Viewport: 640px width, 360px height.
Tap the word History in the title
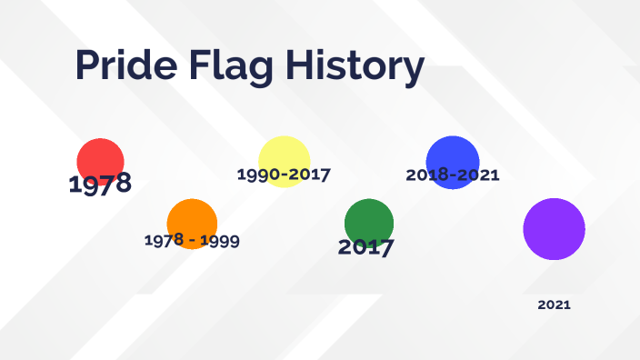click(x=356, y=66)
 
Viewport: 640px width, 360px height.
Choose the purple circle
click(x=554, y=229)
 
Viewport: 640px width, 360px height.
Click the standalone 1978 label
click(x=100, y=184)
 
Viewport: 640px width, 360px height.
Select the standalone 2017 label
click(x=365, y=247)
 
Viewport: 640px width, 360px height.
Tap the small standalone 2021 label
click(x=554, y=305)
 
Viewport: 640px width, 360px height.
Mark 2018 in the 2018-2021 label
click(x=426, y=175)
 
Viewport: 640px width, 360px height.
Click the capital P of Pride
click(x=88, y=66)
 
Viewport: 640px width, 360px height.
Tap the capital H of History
click(x=308, y=66)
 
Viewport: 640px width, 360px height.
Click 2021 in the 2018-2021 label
click(x=479, y=175)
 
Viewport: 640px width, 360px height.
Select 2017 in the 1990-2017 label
click(x=309, y=174)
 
